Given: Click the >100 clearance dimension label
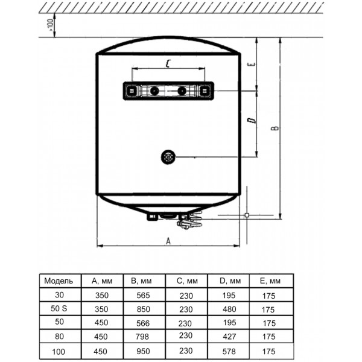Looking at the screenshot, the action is click(51, 25).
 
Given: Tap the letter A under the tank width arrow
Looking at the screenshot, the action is click(168, 241).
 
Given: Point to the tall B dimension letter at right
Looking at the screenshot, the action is click(275, 128).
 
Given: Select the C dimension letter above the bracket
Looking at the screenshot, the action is click(168, 63).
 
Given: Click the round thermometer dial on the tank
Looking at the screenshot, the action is click(168, 157).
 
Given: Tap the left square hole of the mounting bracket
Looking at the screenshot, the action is click(132, 91).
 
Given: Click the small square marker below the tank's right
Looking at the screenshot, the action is click(247, 215).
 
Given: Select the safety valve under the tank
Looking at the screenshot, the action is click(189, 221).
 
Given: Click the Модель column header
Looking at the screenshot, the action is click(59, 281).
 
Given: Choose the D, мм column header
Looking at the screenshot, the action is click(230, 281).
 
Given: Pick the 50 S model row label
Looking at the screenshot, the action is click(59, 308).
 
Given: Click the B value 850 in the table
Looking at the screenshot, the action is click(143, 309).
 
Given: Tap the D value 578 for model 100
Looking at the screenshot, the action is click(229, 351).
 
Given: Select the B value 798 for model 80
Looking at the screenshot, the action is click(142, 337).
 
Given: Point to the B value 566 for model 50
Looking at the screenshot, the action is click(143, 323).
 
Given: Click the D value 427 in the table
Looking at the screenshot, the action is click(229, 337).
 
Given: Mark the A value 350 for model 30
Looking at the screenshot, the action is click(102, 295).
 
